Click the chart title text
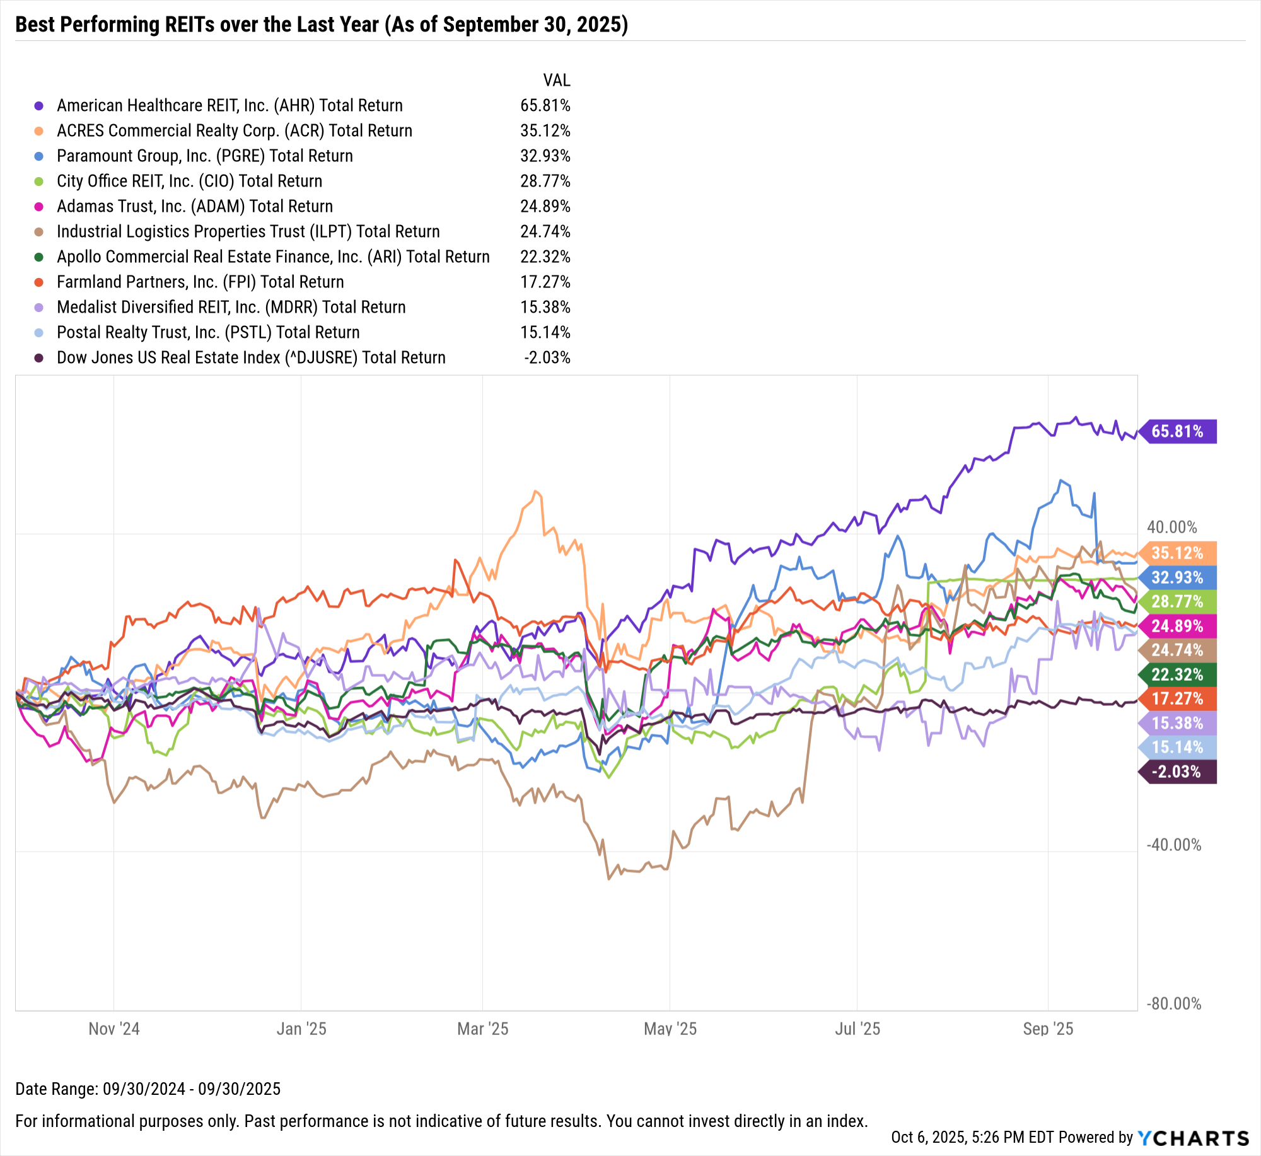[x=322, y=25]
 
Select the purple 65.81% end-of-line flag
[x=1178, y=432]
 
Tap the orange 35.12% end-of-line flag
[x=1178, y=553]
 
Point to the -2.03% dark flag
[x=1178, y=772]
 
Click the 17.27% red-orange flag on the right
[x=1178, y=699]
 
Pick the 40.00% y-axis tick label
[x=1171, y=527]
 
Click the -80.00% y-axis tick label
[x=1173, y=1003]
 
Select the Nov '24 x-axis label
[x=114, y=1029]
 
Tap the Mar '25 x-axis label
[x=482, y=1029]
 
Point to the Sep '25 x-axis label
[x=1048, y=1029]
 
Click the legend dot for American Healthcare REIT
[x=39, y=106]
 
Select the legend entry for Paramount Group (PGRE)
[x=205, y=156]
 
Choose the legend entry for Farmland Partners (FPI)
[x=200, y=282]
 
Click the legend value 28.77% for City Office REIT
[x=545, y=182]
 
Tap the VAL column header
[x=557, y=80]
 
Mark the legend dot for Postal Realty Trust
[x=39, y=333]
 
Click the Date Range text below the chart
[x=148, y=1089]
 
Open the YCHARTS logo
[x=1193, y=1138]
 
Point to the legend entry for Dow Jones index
[x=251, y=357]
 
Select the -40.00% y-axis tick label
[x=1173, y=845]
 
